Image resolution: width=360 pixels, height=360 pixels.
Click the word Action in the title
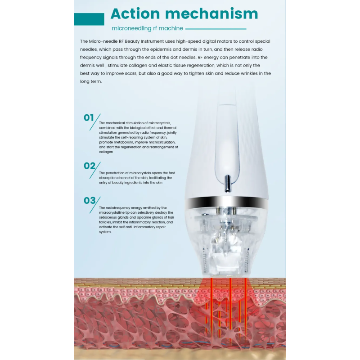tap(135, 14)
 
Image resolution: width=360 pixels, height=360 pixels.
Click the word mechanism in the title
tap(211, 14)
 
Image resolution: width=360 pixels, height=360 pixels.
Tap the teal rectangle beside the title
tap(89, 19)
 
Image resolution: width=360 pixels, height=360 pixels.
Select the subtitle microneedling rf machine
tap(147, 28)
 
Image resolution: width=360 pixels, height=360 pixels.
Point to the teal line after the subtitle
tap(216, 29)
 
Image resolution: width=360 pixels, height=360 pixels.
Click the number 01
tap(89, 118)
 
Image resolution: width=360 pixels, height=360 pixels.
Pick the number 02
tap(89, 166)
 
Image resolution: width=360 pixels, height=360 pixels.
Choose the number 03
tap(90, 200)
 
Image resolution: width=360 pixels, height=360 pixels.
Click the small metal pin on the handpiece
tap(227, 184)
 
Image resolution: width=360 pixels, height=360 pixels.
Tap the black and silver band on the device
tap(226, 202)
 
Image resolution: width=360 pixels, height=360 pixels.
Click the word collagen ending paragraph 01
tap(106, 152)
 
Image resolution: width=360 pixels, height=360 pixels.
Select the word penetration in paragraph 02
tap(117, 173)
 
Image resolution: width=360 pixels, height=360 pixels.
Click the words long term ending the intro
tap(91, 81)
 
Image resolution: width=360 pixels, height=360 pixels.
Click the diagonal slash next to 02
tap(95, 170)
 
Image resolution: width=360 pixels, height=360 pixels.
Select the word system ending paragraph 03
tap(105, 232)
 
